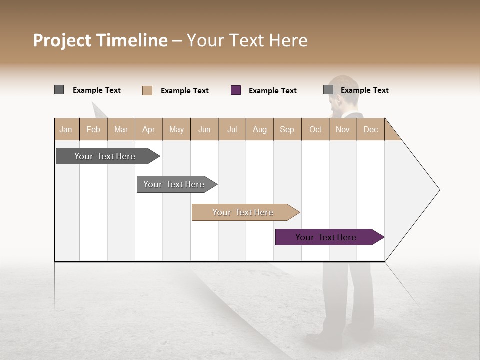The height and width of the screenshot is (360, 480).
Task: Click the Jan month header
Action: click(66, 129)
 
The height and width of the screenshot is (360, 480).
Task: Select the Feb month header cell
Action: click(93, 129)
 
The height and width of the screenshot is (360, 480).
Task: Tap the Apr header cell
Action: click(149, 129)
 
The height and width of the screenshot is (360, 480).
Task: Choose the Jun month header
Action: click(204, 129)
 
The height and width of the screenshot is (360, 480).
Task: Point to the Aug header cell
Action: click(260, 129)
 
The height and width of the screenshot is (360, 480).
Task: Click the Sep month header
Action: click(287, 129)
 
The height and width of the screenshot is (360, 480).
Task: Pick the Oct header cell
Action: click(315, 129)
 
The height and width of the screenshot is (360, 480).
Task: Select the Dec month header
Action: click(371, 129)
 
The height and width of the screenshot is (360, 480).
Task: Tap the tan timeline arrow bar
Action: click(243, 212)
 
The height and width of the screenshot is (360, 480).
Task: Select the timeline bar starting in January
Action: click(105, 156)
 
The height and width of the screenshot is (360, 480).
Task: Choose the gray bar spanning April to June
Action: click(174, 184)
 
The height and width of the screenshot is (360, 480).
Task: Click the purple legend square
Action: click(236, 90)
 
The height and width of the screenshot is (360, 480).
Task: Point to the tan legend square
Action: click(147, 90)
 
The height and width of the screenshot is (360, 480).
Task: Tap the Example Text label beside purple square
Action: click(273, 91)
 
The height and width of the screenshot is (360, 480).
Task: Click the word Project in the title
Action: click(62, 40)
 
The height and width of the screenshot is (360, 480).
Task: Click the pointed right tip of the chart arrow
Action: click(438, 190)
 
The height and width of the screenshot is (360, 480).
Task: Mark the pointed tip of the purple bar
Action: click(383, 237)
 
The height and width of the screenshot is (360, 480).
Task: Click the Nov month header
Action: click(343, 129)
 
